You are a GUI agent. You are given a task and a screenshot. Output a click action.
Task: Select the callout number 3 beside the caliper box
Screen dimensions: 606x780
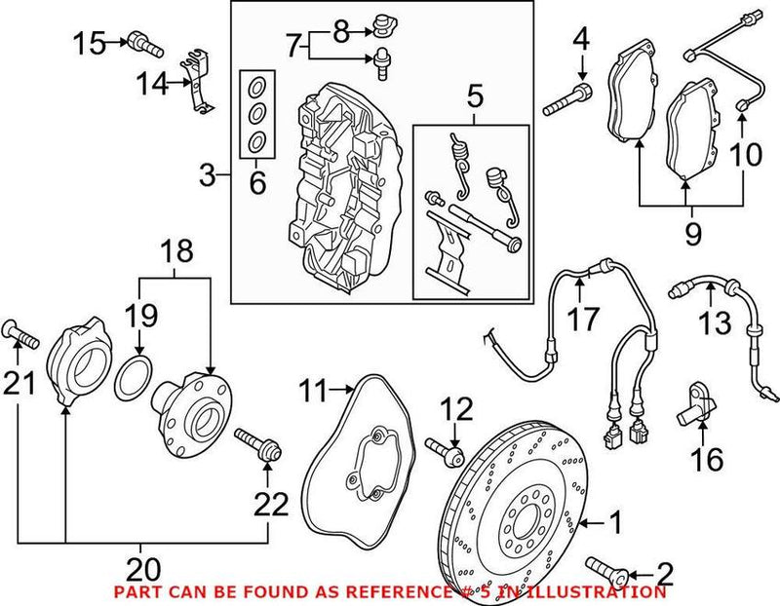(x=207, y=176)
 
